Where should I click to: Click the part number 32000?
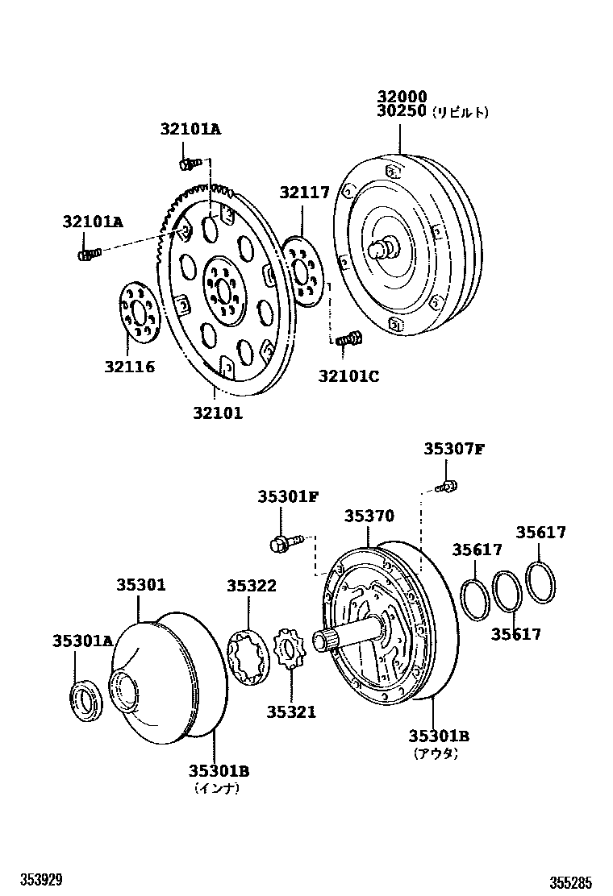401,97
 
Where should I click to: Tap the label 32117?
305,193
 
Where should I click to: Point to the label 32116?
129,367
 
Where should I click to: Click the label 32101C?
348,375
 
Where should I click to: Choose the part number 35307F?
454,450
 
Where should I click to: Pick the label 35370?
369,516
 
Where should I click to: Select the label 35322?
251,586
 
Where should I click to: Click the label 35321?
292,711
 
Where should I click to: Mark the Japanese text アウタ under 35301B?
436,753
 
